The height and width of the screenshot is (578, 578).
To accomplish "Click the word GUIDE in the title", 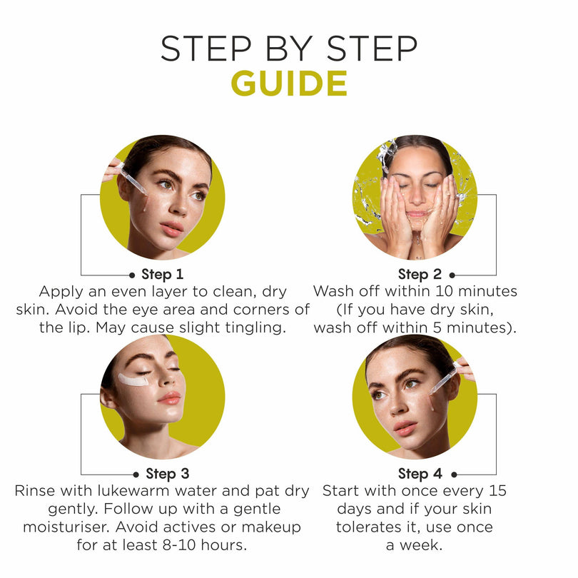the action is point(289,83).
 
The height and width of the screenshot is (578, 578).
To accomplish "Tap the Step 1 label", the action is point(162,274).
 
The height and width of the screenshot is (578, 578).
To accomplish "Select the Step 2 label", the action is point(420,274).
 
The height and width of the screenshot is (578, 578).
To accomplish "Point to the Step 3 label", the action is point(168,474).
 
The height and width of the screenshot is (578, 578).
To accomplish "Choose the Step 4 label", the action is point(420,474).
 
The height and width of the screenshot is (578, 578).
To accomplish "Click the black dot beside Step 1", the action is point(132,275).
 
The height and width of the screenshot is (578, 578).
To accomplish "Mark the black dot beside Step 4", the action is point(454,475).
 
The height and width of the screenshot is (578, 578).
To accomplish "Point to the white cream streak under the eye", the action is point(133,380).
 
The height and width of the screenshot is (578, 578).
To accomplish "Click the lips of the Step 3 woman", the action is point(170,398).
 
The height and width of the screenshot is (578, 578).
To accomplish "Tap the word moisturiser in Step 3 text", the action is point(66,527).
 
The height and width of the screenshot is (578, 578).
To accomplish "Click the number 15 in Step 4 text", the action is point(498,491).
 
